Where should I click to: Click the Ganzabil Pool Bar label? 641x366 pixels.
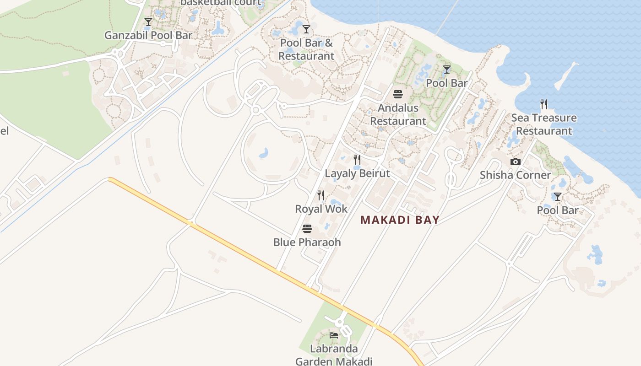click(x=148, y=35)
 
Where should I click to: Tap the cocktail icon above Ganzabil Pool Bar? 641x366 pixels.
click(x=148, y=22)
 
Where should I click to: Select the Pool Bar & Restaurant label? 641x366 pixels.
click(x=306, y=49)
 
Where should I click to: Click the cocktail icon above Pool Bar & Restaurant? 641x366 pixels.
click(x=306, y=29)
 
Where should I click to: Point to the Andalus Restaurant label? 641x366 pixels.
click(x=398, y=115)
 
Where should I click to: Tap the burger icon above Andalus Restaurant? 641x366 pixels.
click(x=398, y=95)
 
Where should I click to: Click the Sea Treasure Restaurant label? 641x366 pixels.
click(x=544, y=124)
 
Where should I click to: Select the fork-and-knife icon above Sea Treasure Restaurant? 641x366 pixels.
click(x=544, y=104)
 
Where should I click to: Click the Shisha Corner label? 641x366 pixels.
click(x=515, y=175)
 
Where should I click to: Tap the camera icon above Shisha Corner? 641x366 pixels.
click(x=516, y=162)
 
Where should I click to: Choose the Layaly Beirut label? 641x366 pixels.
click(x=357, y=173)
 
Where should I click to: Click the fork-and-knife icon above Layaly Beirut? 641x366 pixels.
click(x=357, y=160)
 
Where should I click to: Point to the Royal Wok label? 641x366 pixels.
click(x=321, y=209)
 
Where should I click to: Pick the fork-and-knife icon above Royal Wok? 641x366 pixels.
click(x=321, y=195)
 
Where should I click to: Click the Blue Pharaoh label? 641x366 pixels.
click(x=307, y=242)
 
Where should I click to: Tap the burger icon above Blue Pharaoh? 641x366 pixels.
click(x=307, y=228)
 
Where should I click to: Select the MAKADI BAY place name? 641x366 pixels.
click(x=400, y=220)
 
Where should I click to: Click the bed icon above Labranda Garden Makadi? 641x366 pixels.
click(x=334, y=335)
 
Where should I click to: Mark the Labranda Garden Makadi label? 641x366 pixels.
click(x=334, y=355)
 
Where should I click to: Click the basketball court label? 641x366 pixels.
click(x=221, y=3)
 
